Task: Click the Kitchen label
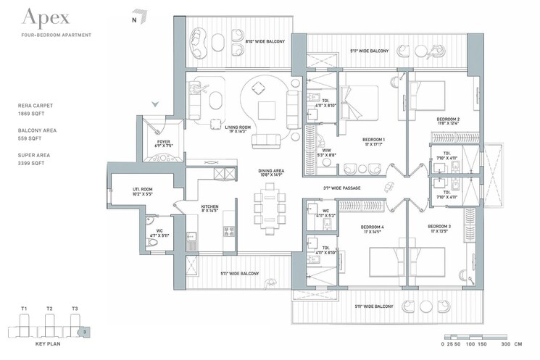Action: tap(210, 209)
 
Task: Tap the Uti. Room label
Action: tap(141, 191)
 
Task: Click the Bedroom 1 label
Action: tap(373, 141)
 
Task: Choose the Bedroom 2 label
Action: tap(448, 120)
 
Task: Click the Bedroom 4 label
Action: tap(373, 228)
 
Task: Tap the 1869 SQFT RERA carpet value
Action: tap(31, 114)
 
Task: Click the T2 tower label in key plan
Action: tap(49, 309)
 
